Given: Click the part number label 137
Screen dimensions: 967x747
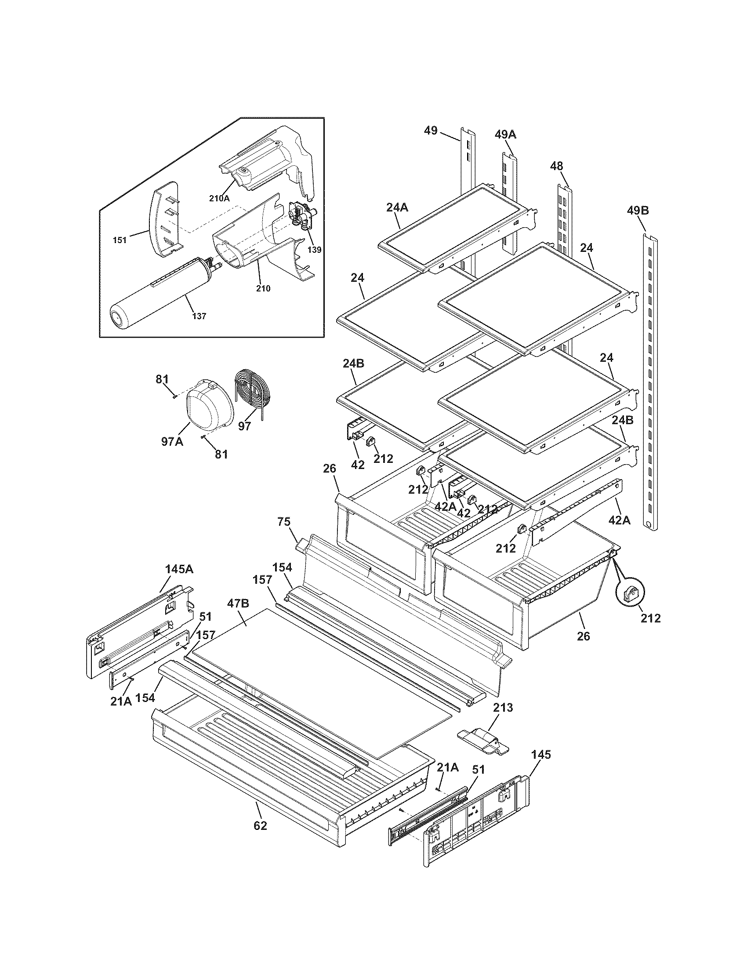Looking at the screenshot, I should (199, 316).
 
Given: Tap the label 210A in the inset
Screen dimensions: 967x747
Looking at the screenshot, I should (220, 199).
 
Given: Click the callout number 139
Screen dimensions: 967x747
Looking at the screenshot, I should (315, 250).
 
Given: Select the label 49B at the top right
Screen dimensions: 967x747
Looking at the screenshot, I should (638, 211).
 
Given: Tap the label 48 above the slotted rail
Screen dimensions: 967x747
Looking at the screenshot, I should (556, 166).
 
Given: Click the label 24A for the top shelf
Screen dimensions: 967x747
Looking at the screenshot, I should (397, 207).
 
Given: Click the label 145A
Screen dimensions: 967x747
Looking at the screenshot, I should (179, 569).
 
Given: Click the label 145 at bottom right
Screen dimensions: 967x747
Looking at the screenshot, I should (541, 755).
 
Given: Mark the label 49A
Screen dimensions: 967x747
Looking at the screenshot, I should (505, 135).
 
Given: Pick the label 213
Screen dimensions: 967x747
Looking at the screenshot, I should (503, 708).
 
